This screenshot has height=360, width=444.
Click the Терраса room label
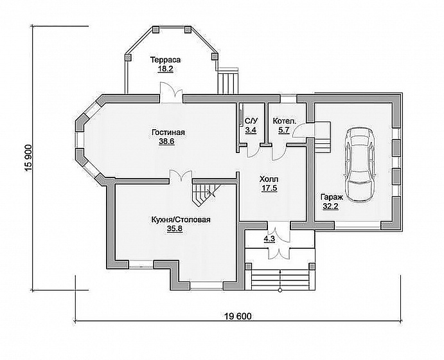[x=166, y=60]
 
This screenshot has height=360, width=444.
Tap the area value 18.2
[x=166, y=69]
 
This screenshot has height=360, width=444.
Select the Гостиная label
[x=168, y=132]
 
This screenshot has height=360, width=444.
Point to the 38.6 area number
[x=166, y=141]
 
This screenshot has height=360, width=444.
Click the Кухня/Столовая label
[x=181, y=220]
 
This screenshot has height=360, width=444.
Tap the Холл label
[x=269, y=179]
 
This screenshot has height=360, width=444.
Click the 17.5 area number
[x=269, y=188]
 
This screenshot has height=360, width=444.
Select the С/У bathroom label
[x=251, y=122]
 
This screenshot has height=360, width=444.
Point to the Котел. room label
[x=285, y=122]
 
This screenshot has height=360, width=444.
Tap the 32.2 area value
[x=331, y=206]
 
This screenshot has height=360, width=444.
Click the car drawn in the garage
[x=360, y=165]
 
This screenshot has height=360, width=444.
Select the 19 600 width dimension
[x=238, y=316]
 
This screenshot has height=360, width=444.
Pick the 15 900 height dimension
[x=29, y=158]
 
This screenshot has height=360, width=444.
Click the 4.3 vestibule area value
[x=269, y=239]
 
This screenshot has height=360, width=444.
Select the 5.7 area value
[x=284, y=130]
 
